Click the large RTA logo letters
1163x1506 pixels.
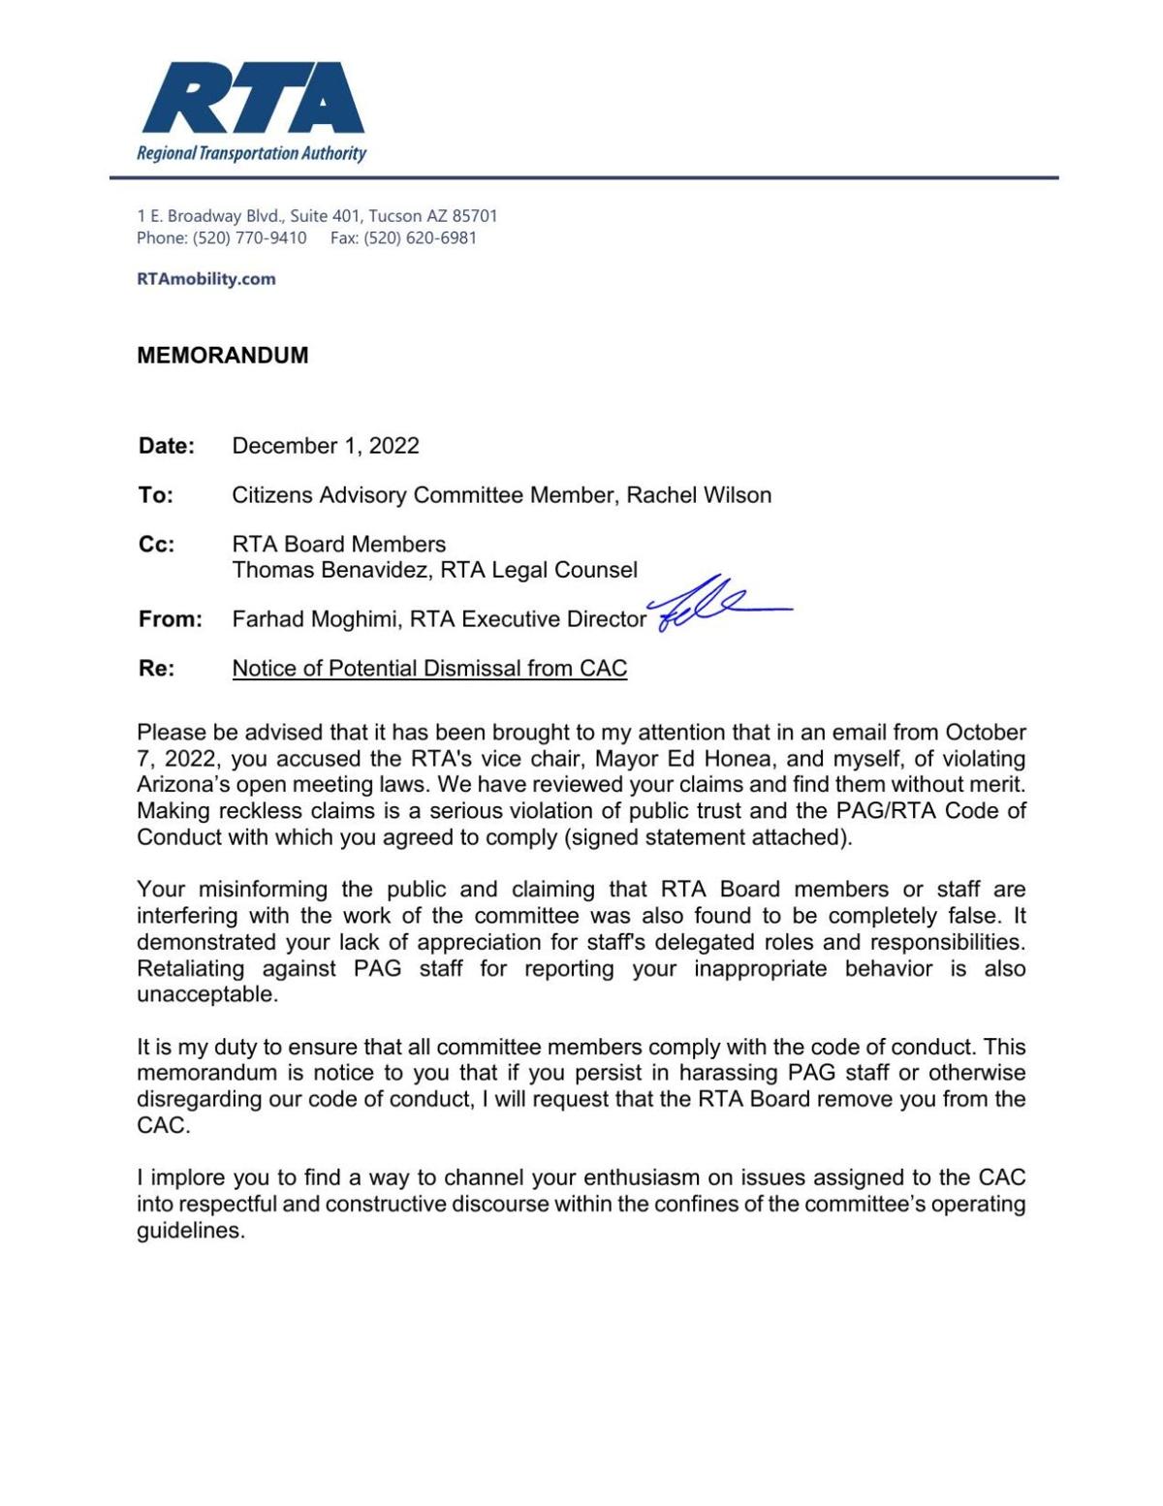(x=252, y=99)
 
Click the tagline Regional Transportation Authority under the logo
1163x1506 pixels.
(x=252, y=153)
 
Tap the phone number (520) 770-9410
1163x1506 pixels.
(x=249, y=238)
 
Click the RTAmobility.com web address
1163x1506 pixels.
(x=206, y=279)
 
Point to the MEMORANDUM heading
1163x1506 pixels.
(x=223, y=356)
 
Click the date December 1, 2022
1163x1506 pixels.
(x=326, y=446)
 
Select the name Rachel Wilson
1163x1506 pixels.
(x=699, y=495)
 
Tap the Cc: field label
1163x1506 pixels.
(x=157, y=545)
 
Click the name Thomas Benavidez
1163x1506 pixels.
(x=330, y=570)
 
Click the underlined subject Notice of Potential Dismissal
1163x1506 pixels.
(x=429, y=669)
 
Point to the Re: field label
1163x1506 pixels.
(x=156, y=669)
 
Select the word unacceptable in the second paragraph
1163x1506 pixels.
(x=206, y=995)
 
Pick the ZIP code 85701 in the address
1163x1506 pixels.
(x=475, y=216)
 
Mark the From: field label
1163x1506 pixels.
(x=171, y=619)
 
